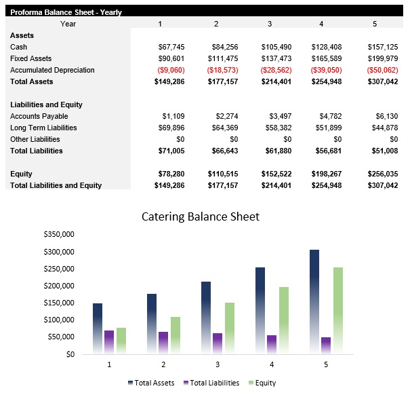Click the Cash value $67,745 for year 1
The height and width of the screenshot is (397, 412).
pyautogui.click(x=171, y=47)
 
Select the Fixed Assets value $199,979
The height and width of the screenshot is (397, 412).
pyautogui.click(x=382, y=58)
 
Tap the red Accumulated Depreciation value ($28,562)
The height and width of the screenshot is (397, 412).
pyautogui.click(x=276, y=70)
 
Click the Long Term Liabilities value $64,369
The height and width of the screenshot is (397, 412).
pyautogui.click(x=224, y=128)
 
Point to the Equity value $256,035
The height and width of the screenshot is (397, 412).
pyautogui.click(x=382, y=174)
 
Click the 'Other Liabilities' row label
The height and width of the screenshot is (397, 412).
pyautogui.click(x=35, y=139)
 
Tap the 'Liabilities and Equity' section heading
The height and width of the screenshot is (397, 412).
pyautogui.click(x=46, y=105)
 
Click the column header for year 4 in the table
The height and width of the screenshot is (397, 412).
pyautogui.click(x=321, y=24)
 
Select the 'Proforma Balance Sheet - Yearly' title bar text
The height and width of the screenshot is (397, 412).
pyautogui.click(x=66, y=12)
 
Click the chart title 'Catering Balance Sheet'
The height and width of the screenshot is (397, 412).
pyautogui.click(x=200, y=217)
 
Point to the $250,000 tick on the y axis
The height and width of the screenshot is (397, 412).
pyautogui.click(x=59, y=269)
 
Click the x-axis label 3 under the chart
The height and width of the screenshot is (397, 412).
pyautogui.click(x=218, y=364)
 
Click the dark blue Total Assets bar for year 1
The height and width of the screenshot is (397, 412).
pyautogui.click(x=98, y=328)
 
